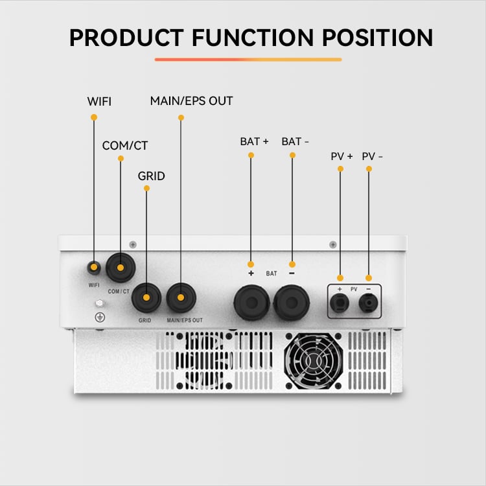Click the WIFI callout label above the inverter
99,101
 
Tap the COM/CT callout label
125,145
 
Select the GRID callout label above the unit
151,176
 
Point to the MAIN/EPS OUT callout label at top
192,100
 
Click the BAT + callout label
254,141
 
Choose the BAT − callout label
295,141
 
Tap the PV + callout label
341,156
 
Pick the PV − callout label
372,156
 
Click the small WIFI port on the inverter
94,268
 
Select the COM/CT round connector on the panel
121,268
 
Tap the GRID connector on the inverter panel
146,297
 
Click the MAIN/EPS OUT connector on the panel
181,297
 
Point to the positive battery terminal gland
251,303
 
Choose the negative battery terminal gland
292,303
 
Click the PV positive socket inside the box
340,303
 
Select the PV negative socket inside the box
368,303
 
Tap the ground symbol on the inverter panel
100,317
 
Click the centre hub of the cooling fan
313,361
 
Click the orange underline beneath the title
248,60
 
